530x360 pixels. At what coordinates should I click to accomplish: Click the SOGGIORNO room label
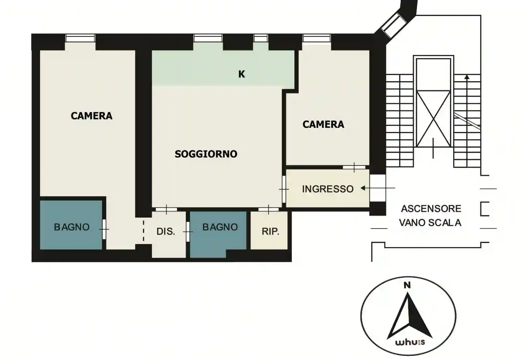(206, 154)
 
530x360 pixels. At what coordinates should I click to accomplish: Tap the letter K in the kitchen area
(242, 74)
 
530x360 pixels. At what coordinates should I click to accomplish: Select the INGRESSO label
(328, 189)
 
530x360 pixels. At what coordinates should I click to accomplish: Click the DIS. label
(166, 231)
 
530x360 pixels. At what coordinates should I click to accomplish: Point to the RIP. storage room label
(270, 231)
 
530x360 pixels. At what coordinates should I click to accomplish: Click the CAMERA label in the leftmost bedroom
(92, 116)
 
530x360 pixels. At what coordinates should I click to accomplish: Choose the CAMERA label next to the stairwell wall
(323, 124)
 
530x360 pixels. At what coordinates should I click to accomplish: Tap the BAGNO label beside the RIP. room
(220, 227)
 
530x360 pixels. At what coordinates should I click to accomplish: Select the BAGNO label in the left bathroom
(72, 227)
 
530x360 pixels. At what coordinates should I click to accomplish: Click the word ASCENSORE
(431, 208)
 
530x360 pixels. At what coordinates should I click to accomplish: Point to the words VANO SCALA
(430, 223)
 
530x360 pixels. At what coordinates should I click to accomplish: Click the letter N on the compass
(407, 286)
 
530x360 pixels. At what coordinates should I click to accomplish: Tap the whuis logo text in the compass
(410, 342)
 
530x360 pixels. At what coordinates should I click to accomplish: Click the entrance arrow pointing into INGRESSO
(378, 188)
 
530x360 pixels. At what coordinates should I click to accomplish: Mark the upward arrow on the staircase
(467, 121)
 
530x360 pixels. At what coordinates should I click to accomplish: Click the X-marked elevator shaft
(434, 119)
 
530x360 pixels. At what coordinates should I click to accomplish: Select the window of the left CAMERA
(80, 38)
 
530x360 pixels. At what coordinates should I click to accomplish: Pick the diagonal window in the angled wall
(393, 25)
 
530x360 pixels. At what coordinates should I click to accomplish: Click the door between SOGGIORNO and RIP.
(268, 209)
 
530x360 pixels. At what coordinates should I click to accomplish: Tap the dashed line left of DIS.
(143, 231)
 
